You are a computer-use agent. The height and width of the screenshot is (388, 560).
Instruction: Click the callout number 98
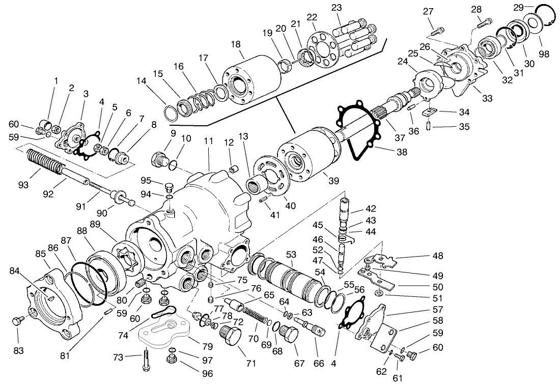(544, 54)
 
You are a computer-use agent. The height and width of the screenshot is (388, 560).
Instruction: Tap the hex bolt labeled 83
(18, 322)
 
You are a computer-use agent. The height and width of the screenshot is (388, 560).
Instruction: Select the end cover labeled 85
(53, 306)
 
